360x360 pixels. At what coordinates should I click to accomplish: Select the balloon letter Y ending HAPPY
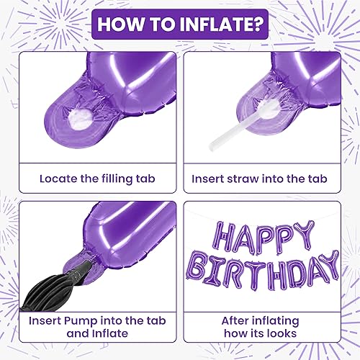[x=305, y=235]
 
